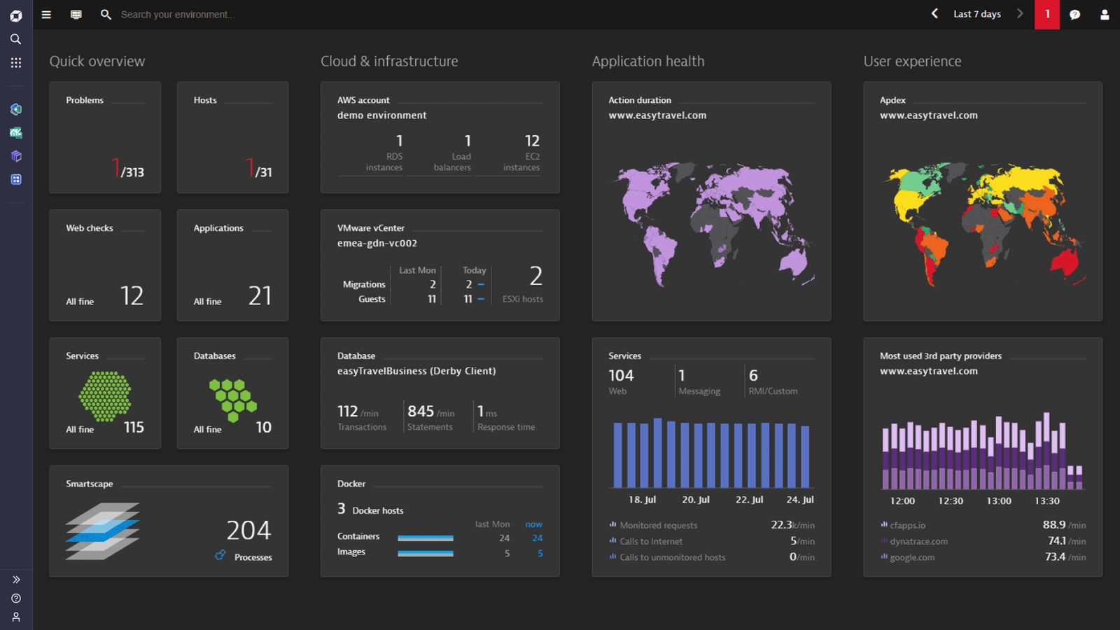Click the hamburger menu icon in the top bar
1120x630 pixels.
pyautogui.click(x=46, y=14)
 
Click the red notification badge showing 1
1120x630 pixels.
pyautogui.click(x=1047, y=14)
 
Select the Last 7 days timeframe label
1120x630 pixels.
pyautogui.click(x=976, y=14)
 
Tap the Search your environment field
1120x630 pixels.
pyautogui.click(x=178, y=14)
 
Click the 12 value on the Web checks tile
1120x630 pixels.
pyautogui.click(x=132, y=295)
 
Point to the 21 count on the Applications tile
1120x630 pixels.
pyautogui.click(x=260, y=295)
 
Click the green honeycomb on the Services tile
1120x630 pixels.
pyautogui.click(x=105, y=396)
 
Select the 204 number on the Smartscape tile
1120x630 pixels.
pyautogui.click(x=248, y=530)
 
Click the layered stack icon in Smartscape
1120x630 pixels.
pyautogui.click(x=103, y=531)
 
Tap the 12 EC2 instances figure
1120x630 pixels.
pyautogui.click(x=532, y=141)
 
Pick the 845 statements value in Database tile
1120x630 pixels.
pyautogui.click(x=421, y=411)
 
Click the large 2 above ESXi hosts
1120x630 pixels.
pyautogui.click(x=535, y=276)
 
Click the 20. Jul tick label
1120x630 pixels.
pyautogui.click(x=696, y=500)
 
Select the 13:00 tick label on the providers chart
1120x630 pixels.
pyautogui.click(x=999, y=501)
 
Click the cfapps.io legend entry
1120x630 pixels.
pyautogui.click(x=907, y=525)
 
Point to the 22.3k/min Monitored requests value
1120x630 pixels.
pyautogui.click(x=792, y=525)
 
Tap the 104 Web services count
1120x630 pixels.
pyautogui.click(x=621, y=376)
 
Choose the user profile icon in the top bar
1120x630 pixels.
pyautogui.click(x=1105, y=14)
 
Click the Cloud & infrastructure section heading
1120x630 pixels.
pyautogui.click(x=389, y=62)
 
